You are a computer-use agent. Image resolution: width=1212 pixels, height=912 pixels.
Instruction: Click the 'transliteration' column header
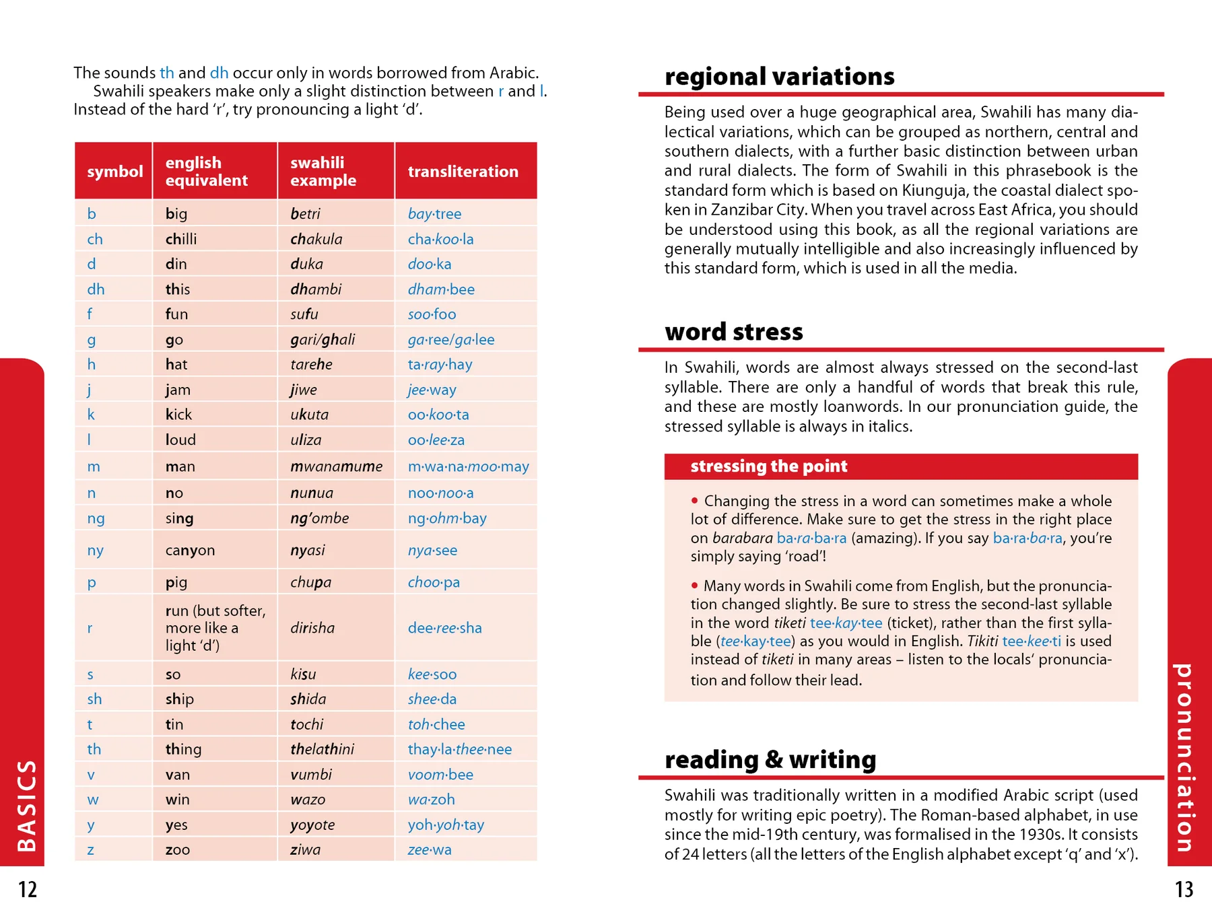(x=463, y=172)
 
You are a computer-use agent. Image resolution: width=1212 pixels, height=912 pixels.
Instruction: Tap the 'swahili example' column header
(x=323, y=172)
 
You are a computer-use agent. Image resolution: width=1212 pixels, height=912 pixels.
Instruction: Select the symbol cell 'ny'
(x=95, y=550)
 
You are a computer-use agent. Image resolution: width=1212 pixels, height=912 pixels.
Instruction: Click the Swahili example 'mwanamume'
(x=336, y=466)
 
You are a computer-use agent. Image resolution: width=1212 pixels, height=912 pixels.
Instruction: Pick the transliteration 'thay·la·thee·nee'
(x=459, y=749)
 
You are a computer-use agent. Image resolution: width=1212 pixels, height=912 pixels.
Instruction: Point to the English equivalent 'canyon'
(x=190, y=550)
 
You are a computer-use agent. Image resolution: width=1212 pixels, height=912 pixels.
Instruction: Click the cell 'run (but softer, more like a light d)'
(x=215, y=628)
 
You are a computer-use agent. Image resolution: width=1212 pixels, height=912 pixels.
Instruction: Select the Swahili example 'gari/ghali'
(x=323, y=339)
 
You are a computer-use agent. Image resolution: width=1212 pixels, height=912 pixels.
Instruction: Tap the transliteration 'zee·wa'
(x=429, y=849)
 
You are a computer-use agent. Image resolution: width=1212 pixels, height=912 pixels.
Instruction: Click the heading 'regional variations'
(x=779, y=77)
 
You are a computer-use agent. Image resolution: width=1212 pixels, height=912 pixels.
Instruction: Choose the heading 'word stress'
(x=733, y=332)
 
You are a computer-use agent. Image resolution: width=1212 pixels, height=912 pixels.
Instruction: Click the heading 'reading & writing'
(x=770, y=760)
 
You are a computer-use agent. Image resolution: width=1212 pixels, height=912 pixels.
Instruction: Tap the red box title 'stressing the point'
(x=768, y=466)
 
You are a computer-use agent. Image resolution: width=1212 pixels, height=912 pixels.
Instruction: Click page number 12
(x=28, y=889)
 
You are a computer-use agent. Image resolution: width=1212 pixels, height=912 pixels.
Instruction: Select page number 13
(x=1184, y=889)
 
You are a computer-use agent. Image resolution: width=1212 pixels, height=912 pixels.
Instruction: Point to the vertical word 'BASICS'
(x=26, y=806)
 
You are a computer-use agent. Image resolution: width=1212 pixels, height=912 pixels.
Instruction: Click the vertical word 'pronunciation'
(x=1184, y=757)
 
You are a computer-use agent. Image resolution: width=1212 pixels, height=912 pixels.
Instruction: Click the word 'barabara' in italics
(x=742, y=538)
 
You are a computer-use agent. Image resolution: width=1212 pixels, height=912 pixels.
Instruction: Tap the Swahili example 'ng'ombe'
(x=319, y=518)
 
